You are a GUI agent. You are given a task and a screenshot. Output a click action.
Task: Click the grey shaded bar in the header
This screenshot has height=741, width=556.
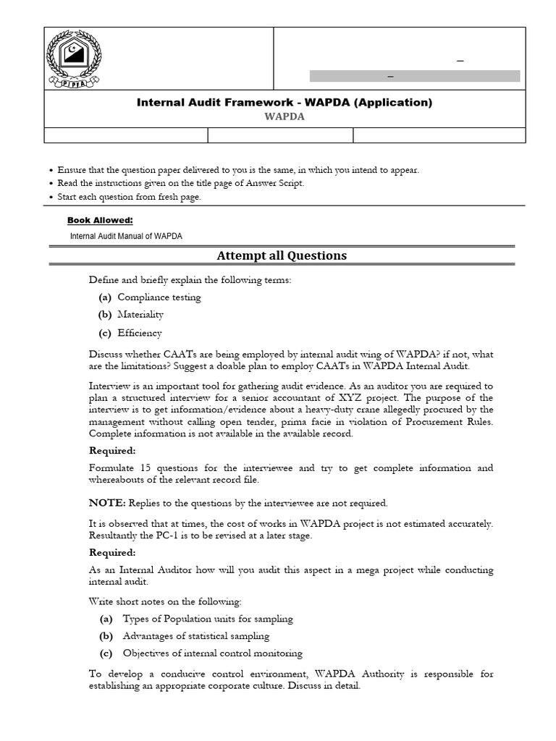[414, 76]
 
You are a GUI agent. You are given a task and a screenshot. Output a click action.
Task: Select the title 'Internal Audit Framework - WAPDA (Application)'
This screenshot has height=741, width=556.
[285, 103]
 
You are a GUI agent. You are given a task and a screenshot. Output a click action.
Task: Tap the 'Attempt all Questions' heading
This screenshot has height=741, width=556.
[282, 255]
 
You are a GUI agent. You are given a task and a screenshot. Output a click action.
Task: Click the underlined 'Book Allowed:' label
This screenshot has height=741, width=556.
[100, 220]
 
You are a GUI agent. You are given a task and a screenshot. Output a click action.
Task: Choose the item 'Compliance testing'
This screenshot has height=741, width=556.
[159, 297]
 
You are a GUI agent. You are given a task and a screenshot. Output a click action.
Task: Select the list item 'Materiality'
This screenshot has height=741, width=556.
[140, 315]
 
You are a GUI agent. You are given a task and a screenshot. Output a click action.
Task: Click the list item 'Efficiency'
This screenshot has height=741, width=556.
[140, 334]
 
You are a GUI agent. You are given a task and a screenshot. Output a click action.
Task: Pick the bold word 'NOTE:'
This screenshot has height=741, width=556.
[107, 503]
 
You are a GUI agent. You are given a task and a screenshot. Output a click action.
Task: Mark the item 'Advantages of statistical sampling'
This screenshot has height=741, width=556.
[195, 636]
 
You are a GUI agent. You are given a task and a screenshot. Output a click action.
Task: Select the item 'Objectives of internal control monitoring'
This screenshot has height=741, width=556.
[212, 653]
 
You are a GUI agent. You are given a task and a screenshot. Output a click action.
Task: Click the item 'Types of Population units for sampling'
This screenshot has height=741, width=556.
[208, 619]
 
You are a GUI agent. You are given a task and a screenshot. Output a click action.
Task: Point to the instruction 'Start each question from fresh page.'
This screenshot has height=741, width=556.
[129, 197]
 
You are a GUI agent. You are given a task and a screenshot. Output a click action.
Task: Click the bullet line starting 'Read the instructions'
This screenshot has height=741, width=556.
[181, 183]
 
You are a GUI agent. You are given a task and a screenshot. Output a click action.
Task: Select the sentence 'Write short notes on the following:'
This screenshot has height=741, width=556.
[165, 601]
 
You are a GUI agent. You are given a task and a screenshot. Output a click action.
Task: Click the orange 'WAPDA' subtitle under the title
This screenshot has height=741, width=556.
[285, 118]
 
